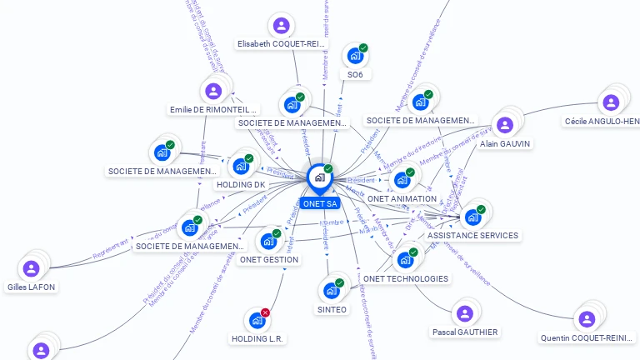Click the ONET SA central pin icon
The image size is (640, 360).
coord(319,177)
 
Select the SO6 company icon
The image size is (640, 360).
coord(355,56)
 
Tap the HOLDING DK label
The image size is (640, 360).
coord(240,184)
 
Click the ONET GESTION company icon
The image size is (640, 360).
coord(268,242)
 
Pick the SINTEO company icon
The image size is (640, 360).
coord(332,290)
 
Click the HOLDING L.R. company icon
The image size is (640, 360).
coord(257,320)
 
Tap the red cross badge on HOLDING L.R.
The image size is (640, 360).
coord(265,312)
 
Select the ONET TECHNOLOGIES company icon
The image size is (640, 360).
coord(406,260)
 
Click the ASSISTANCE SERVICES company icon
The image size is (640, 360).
coord(472,217)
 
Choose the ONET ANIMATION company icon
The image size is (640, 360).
coord(402,179)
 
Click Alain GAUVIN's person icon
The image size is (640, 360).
coord(504,125)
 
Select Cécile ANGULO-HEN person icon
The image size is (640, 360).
coord(611,102)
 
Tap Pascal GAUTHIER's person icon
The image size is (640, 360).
coord(464,313)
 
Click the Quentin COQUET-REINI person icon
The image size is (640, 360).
coord(587,319)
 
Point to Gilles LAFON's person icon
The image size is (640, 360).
coord(32,268)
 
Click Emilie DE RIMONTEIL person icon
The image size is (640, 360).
coord(213,91)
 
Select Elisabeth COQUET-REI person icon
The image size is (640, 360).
coord(281,26)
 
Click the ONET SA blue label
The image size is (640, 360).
coord(320,203)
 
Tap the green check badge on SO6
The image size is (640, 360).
coord(363,48)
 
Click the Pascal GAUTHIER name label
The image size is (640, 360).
coord(465,332)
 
